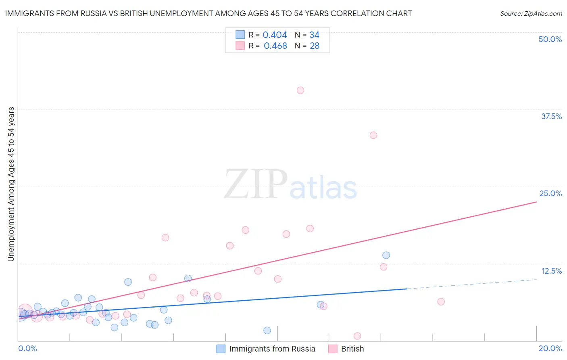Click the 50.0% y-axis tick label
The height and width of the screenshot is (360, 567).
pos(550,39)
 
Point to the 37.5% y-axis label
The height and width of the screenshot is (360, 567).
pos(551,116)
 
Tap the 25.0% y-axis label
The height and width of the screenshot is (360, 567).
pos(550,193)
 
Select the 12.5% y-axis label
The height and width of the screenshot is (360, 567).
pos(551,271)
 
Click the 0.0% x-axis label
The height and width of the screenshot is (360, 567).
pos(27,348)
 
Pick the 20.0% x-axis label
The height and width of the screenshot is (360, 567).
pos(550,348)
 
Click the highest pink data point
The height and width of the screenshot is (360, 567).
pos(300,90)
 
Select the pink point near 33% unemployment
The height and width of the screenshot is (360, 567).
pos(373,135)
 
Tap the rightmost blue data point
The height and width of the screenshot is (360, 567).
pos(386,255)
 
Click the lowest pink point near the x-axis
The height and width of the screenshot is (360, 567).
pos(357,336)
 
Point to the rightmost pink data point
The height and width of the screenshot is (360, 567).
pos(441,301)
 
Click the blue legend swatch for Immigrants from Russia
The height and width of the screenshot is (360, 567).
pos(221,349)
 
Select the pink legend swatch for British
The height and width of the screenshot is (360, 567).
pos(333,349)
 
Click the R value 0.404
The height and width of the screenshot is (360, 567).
pos(275,35)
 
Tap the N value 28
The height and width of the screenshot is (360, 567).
pos(315,46)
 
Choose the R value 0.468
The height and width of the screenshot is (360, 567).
pos(275,46)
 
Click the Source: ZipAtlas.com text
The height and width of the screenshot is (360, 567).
pos(531,13)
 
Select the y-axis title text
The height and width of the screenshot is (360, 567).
pos(11,184)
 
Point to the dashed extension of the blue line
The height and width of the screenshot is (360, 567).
pos(472,284)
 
